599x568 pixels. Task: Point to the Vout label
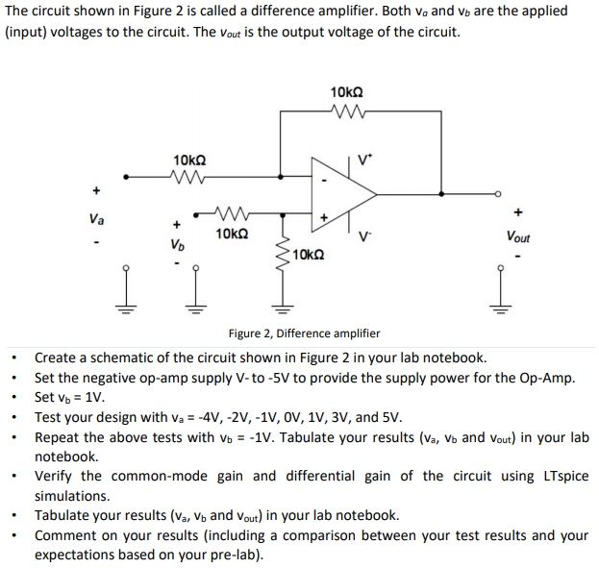click(x=520, y=236)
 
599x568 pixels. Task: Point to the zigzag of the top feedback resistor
click(x=344, y=111)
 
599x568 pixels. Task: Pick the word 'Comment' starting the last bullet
click(x=65, y=535)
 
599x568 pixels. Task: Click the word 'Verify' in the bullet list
click(x=55, y=476)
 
